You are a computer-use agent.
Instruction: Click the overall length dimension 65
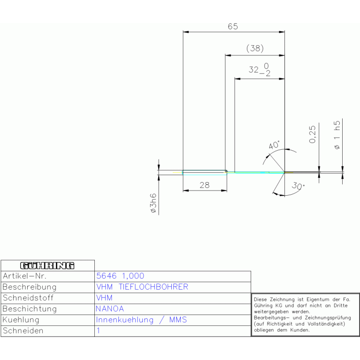[233, 26]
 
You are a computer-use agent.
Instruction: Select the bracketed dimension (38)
[254, 48]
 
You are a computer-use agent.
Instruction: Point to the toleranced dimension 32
[254, 70]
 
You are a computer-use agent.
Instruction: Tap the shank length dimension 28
[204, 185]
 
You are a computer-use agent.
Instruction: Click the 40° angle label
[274, 146]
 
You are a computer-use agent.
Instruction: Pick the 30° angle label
[298, 186]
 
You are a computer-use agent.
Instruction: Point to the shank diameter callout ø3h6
[153, 203]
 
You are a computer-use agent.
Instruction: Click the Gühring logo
[47, 266]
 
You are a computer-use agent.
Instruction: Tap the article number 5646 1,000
[120, 276]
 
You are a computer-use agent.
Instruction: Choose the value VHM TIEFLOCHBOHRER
[142, 287]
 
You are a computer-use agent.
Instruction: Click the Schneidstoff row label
[28, 298]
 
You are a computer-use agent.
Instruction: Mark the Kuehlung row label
[21, 320]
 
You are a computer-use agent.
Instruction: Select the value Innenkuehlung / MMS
[141, 320]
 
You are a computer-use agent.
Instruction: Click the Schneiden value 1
[98, 330]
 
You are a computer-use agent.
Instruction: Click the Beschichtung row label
[30, 309]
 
